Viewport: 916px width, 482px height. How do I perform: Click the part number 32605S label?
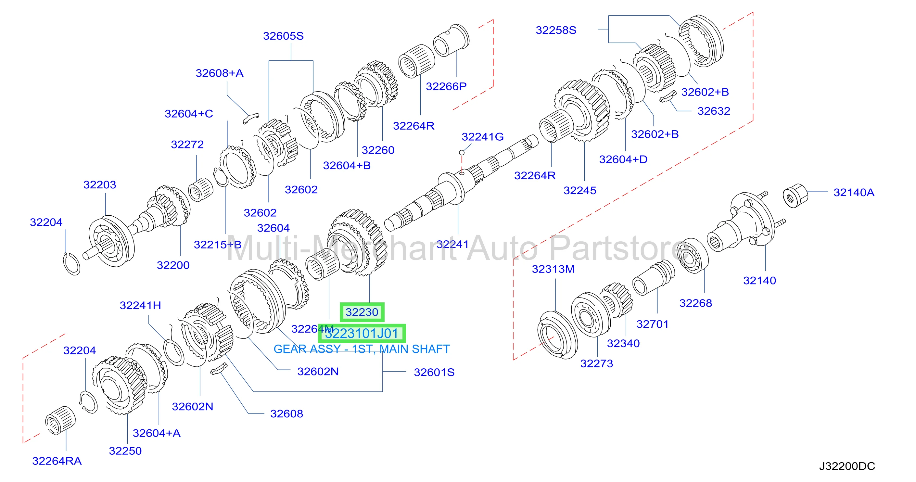pos(283,36)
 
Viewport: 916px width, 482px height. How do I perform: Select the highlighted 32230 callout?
pos(362,312)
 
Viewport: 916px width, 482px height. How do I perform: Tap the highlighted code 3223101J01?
pos(362,334)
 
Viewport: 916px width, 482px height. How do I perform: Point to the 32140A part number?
pos(854,192)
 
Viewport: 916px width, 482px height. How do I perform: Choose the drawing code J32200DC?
pos(847,466)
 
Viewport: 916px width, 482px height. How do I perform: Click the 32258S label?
pos(556,30)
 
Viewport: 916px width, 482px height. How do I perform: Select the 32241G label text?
pos(483,136)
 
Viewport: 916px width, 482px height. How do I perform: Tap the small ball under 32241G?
pos(462,152)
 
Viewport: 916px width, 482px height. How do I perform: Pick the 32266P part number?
pos(446,86)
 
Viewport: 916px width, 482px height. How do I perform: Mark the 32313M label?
pos(553,269)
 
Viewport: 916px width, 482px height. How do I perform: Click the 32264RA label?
pos(57,461)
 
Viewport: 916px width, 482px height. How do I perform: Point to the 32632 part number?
pos(714,111)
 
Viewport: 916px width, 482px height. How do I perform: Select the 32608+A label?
pos(219,73)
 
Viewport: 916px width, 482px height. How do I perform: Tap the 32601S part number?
pos(434,372)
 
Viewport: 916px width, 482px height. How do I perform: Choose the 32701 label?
pos(653,324)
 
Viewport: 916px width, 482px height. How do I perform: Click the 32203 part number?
pos(100,184)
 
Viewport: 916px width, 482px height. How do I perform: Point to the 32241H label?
pos(140,305)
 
